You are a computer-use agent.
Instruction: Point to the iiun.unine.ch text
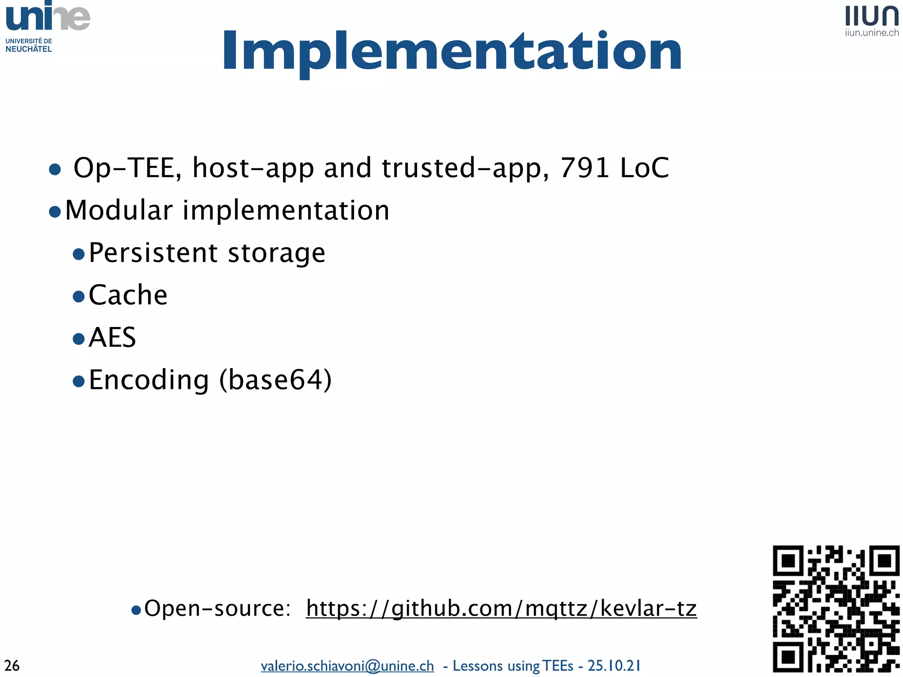point(872,33)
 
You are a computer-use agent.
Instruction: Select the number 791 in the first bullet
point(585,168)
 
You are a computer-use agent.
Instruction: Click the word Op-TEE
point(127,168)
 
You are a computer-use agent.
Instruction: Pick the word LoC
point(644,168)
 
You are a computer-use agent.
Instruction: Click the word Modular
point(119,210)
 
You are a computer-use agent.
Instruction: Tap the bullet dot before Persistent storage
point(78,254)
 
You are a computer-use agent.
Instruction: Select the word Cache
point(128,295)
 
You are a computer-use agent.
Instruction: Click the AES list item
point(112,338)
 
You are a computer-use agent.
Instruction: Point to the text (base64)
point(275,380)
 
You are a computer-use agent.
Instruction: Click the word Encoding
point(149,380)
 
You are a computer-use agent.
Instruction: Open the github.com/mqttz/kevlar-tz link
point(501,609)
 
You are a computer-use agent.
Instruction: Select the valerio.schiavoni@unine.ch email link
point(347,666)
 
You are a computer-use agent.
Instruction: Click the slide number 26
point(12,666)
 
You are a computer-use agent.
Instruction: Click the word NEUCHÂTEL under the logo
point(29,49)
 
